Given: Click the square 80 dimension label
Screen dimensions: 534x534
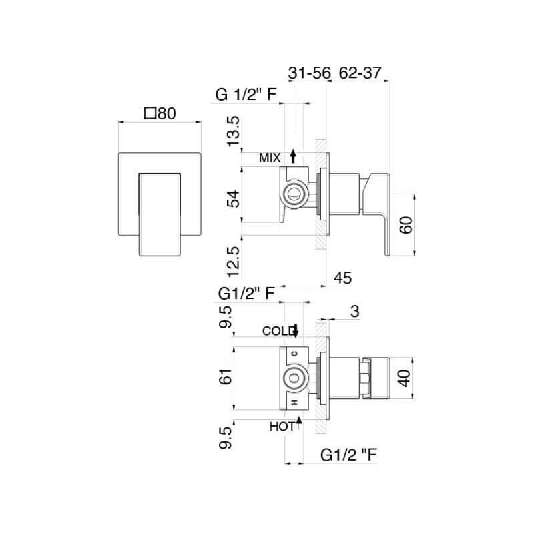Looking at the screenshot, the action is point(160,113).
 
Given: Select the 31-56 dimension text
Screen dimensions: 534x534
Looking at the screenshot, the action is point(310,73).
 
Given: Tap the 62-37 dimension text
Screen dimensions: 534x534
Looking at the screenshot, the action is point(360,73).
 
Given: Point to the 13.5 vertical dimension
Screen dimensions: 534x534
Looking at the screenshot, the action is point(234,131).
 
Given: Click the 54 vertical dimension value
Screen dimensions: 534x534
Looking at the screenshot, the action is point(234,199).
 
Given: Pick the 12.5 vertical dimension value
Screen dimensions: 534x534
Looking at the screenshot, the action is point(234,262).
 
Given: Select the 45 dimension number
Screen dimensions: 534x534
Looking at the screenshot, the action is point(343,278).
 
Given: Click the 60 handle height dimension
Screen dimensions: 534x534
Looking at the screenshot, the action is point(406,224).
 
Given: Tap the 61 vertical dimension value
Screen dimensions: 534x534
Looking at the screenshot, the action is point(226,376).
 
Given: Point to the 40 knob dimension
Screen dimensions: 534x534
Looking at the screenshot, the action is point(405,378).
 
